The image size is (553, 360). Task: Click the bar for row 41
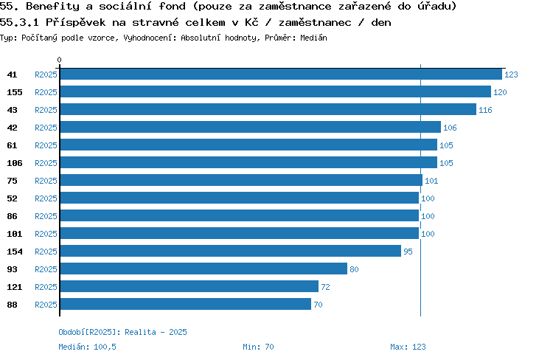(x=280, y=75)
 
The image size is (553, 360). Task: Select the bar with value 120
(x=275, y=92)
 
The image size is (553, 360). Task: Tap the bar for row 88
(x=185, y=305)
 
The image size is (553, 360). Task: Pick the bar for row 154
(x=230, y=252)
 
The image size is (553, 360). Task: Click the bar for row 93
(x=203, y=269)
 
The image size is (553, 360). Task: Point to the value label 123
(x=511, y=75)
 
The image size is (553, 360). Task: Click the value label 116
(x=484, y=110)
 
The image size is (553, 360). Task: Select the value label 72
(x=325, y=287)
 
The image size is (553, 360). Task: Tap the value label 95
(x=408, y=252)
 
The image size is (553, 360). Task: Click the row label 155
(x=15, y=92)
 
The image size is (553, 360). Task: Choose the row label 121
(x=15, y=287)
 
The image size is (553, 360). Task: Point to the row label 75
(x=12, y=181)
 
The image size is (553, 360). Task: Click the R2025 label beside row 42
(x=46, y=128)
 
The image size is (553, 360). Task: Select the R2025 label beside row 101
(x=46, y=234)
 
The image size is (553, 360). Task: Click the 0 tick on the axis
(x=60, y=60)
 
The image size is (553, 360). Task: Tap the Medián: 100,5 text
(x=87, y=347)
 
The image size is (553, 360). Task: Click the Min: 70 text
(x=258, y=347)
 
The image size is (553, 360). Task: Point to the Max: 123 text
(x=408, y=347)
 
